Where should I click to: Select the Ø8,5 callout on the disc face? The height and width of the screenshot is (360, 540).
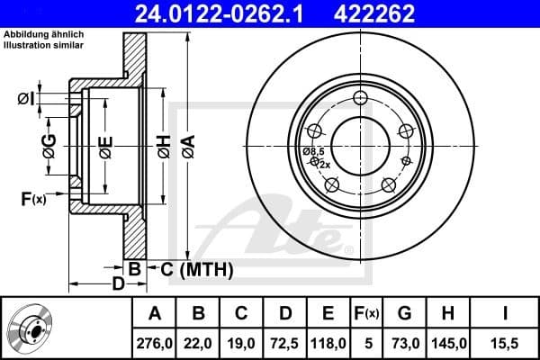click(x=314, y=152)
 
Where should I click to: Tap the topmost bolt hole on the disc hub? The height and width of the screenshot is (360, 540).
click(x=361, y=99)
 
